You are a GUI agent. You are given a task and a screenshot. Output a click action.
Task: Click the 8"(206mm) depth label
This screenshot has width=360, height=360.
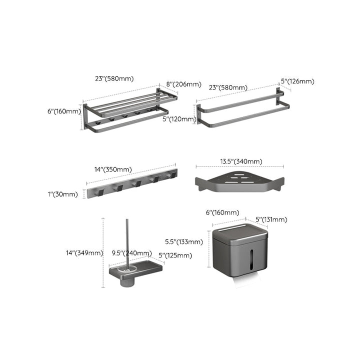click(183, 84)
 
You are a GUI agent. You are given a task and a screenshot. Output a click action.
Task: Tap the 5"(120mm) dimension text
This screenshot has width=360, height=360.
click(178, 119)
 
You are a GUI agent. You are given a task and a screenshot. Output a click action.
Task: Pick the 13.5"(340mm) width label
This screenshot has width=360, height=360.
click(240, 161)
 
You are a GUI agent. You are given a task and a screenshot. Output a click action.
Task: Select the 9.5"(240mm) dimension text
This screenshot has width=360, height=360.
click(131, 253)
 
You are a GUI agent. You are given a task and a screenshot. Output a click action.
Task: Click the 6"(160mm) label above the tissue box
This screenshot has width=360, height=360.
click(222, 212)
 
